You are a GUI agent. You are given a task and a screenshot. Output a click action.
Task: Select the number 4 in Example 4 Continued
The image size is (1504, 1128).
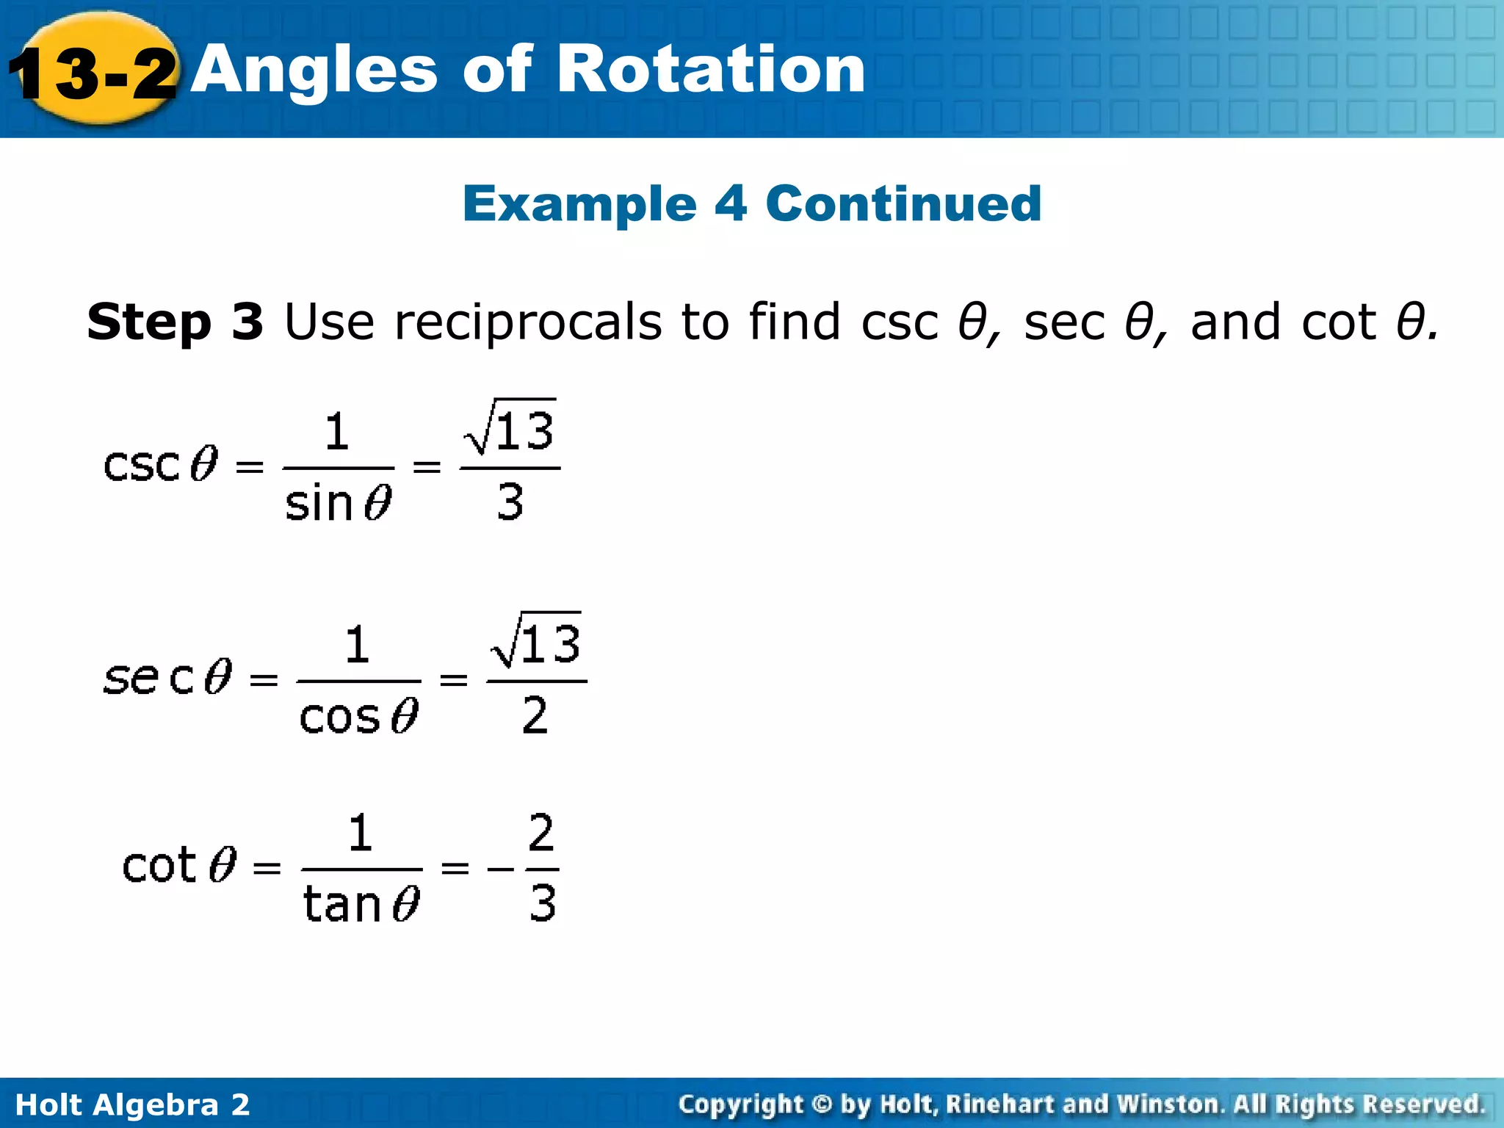730,203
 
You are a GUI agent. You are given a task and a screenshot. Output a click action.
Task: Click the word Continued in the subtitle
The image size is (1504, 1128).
903,203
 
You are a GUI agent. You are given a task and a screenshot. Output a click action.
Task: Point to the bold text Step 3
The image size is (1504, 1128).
175,322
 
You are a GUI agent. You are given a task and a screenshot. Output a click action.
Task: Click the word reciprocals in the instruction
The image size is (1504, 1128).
528,323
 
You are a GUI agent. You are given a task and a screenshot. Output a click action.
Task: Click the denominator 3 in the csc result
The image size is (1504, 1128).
510,502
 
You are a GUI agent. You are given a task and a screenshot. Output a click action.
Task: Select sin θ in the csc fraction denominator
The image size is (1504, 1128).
338,504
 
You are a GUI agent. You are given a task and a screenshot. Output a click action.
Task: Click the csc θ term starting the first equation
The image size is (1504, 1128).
161,464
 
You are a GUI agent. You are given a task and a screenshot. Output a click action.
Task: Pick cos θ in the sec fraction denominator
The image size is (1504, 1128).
358,717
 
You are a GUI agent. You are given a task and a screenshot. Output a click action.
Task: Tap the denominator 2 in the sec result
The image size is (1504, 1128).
535,715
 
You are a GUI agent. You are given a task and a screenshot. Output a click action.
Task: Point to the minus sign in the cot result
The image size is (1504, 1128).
501,869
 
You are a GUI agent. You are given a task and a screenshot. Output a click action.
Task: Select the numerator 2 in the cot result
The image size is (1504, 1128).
541,833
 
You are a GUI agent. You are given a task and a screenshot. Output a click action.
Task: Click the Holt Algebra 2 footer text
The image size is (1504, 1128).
132,1104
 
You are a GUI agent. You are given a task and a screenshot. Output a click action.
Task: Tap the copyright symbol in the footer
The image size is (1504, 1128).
822,1104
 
